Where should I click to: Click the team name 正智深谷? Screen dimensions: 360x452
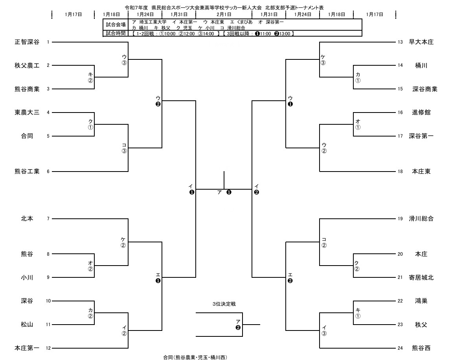(27, 42)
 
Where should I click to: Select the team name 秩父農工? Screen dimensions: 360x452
(27, 66)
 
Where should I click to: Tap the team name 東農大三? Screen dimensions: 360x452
(27, 113)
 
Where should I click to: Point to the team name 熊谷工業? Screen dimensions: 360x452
(27, 171)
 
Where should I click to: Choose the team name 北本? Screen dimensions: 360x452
(27, 218)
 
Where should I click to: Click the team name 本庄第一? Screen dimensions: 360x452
(27, 348)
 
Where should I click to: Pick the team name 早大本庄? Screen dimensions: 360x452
(421, 42)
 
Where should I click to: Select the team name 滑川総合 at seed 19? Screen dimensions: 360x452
(421, 218)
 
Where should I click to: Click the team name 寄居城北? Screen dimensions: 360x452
(421, 277)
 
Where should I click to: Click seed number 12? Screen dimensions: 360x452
(48, 348)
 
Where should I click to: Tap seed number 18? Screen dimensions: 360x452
(400, 171)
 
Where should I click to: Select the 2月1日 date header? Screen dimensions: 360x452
(224, 14)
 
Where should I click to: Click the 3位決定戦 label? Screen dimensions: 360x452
(224, 304)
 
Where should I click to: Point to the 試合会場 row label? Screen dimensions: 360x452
(116, 25)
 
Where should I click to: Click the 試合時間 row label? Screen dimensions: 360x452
(116, 33)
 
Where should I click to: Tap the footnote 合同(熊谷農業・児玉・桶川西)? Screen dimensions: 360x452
(195, 357)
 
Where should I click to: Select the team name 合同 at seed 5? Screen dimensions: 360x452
(27, 136)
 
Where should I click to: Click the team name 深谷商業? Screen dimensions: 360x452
(425, 89)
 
